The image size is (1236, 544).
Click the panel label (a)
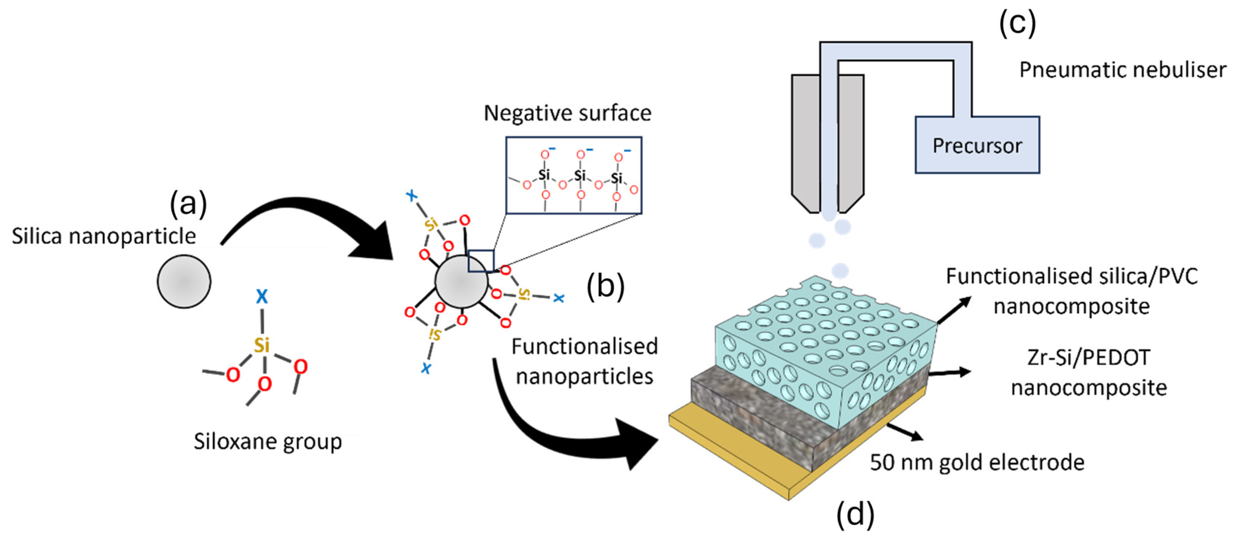point(188,203)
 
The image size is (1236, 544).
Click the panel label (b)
point(605,287)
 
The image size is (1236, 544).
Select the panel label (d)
point(855,515)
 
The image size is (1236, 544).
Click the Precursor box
point(977,145)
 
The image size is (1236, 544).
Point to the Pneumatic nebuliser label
point(1122,70)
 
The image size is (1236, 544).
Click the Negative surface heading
point(567,113)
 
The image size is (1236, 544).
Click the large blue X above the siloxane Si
point(261,296)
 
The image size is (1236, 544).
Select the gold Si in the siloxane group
point(261,345)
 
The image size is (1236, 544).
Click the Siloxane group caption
point(267,441)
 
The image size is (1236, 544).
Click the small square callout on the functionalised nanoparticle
point(481,261)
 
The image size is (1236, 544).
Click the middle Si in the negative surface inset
point(580,175)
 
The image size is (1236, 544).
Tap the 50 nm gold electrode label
point(977,462)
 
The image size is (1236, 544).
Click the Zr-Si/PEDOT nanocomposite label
point(1088,373)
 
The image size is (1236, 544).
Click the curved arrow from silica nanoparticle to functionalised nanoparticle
point(307,216)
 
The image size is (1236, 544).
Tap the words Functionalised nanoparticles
point(584,361)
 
